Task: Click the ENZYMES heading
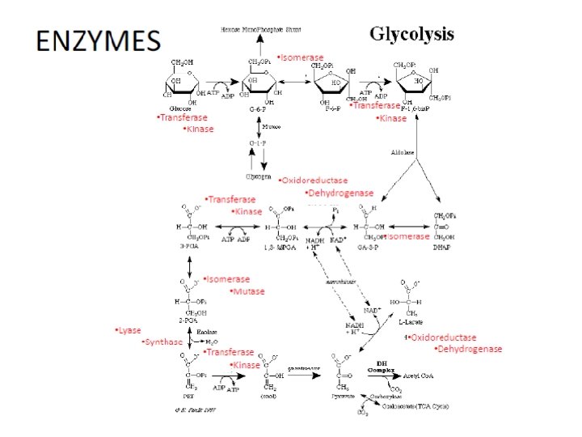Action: (95, 40)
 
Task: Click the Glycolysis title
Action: (411, 35)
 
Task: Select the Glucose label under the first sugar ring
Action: (179, 108)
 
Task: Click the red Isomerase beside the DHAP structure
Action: (407, 236)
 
